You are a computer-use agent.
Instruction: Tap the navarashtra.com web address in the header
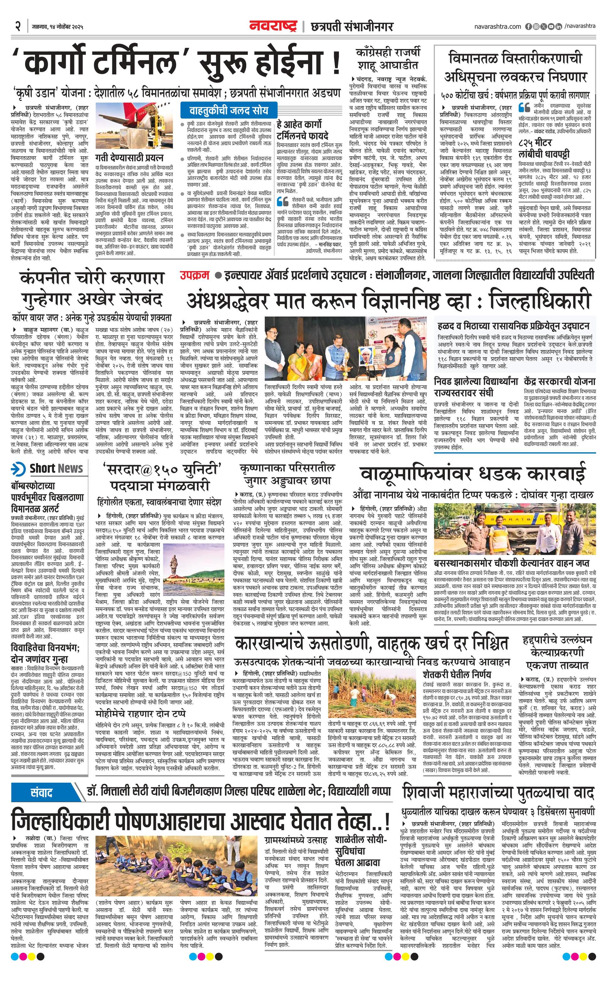(x=497, y=26)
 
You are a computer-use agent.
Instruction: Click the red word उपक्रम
(x=194, y=276)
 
